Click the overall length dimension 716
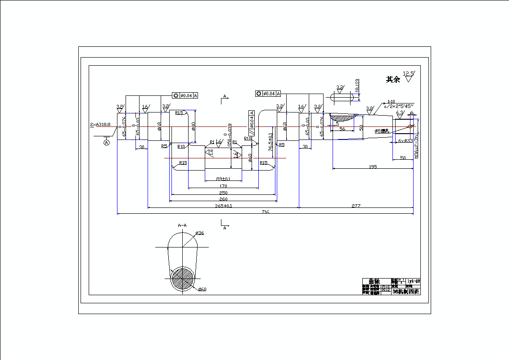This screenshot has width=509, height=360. (265, 212)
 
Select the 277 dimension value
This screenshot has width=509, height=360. (356, 205)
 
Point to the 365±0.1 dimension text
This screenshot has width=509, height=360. (224, 206)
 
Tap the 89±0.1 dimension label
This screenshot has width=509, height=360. (223, 179)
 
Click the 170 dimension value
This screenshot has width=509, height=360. (223, 186)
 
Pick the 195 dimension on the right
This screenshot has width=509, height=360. (373, 166)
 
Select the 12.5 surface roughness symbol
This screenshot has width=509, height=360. (409, 76)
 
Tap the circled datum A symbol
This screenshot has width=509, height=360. (107, 143)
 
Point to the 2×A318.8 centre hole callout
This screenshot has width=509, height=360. (100, 124)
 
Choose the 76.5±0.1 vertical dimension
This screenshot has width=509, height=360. (270, 142)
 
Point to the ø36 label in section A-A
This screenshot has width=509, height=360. (200, 233)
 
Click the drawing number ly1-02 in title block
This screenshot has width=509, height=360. (413, 281)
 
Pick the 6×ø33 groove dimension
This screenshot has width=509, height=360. (405, 141)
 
